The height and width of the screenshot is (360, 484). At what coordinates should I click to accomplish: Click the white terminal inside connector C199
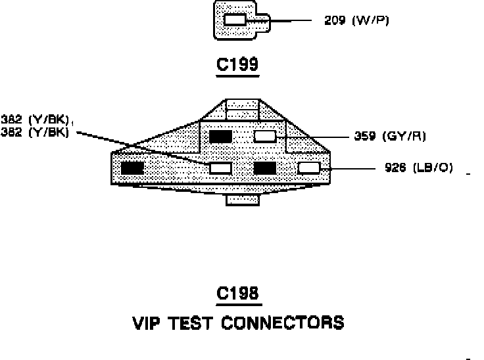coord(235,20)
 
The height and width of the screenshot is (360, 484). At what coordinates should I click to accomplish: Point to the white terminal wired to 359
coord(264,136)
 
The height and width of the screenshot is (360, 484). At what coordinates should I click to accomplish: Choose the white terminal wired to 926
coord(308,168)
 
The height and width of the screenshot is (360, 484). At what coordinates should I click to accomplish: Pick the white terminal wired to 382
coord(220,168)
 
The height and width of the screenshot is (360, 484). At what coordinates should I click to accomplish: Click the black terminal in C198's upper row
coord(220,136)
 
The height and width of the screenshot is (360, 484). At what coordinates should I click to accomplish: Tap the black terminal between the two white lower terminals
coord(264,168)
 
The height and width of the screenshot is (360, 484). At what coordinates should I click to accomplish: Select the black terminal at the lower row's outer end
coord(132,168)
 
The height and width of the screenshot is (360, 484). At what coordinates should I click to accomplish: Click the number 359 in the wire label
coord(365,137)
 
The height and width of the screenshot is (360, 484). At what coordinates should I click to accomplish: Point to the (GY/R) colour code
coord(408,137)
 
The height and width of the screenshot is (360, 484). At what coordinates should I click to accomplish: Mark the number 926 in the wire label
coord(395,168)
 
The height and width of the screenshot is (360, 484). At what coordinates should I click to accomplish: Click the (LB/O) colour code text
coord(433,168)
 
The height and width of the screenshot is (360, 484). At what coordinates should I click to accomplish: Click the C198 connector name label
coord(239,294)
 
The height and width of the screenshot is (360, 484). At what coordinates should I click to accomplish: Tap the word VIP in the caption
coord(149,323)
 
